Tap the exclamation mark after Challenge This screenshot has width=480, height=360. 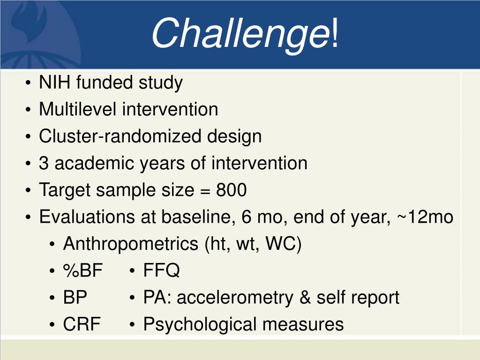point(335,33)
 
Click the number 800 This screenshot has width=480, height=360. point(232,190)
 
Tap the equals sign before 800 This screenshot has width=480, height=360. point(205,191)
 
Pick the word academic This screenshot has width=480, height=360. point(94,163)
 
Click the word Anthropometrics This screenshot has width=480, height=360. point(131,244)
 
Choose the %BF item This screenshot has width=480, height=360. point(82,270)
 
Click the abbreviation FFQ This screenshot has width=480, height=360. point(161,270)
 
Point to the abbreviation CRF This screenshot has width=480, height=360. point(82,324)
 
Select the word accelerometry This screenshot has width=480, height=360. point(235,298)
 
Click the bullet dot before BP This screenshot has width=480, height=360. point(52,298)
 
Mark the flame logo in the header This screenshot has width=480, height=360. point(29,22)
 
